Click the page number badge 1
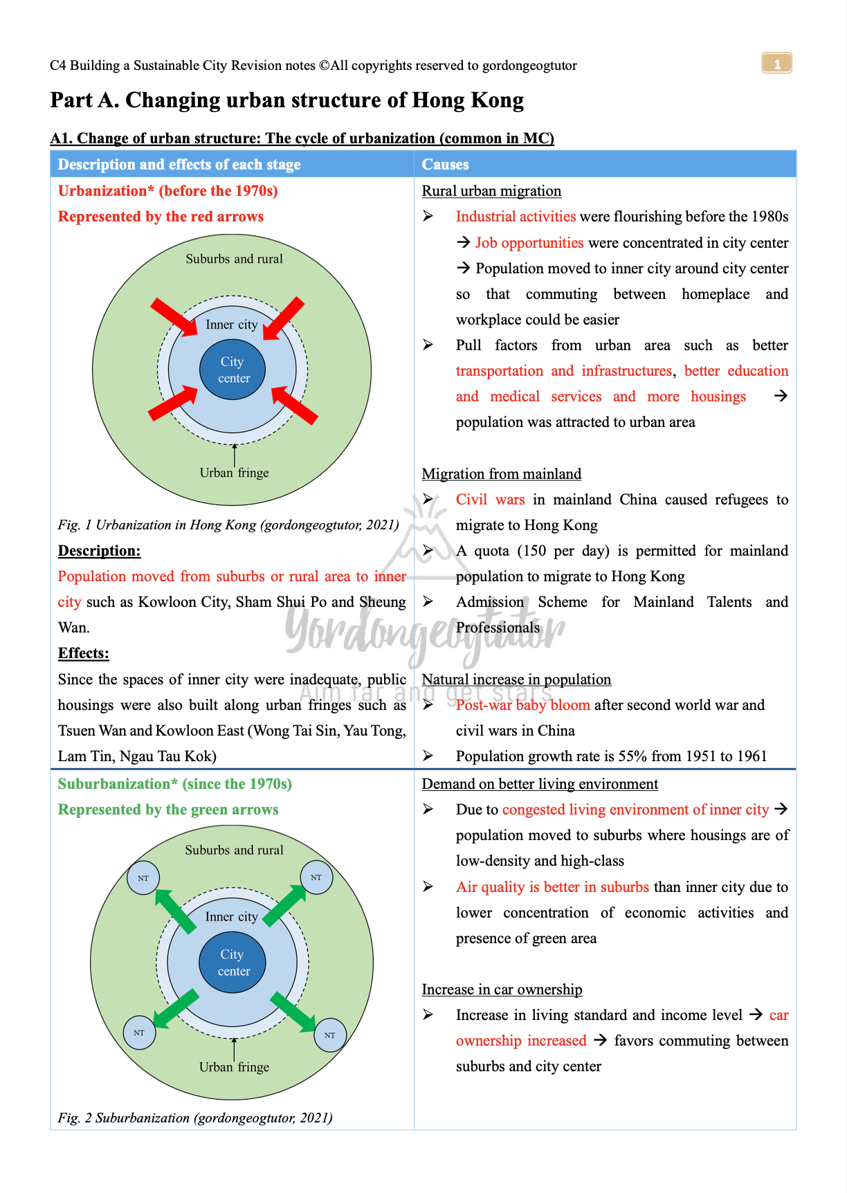(x=776, y=64)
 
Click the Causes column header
(x=445, y=165)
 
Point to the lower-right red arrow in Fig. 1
(x=295, y=405)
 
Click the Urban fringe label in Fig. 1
(x=234, y=473)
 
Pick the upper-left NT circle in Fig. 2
(x=143, y=878)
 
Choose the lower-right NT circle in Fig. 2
(x=330, y=1035)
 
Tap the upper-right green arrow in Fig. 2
(x=284, y=905)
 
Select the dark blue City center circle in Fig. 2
(x=233, y=963)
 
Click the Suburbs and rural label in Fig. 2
(x=234, y=850)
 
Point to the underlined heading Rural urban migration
(x=491, y=191)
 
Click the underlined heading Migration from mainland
(x=501, y=474)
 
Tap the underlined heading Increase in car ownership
(x=502, y=990)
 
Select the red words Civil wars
(x=490, y=500)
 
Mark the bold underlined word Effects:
(x=83, y=653)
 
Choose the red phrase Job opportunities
(x=529, y=243)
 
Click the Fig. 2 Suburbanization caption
(x=195, y=1118)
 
